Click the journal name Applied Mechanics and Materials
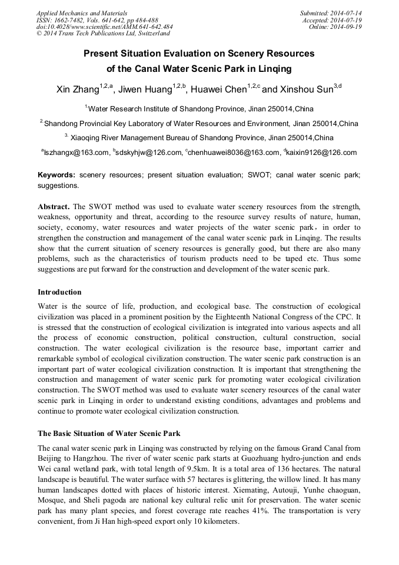click(x=81, y=13)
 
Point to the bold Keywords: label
click(x=56, y=175)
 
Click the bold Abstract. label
click(x=54, y=207)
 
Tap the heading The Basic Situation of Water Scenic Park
click(x=109, y=434)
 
